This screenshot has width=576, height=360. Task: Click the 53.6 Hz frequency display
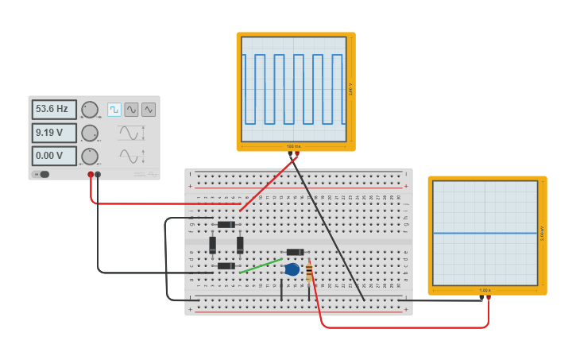tap(54, 110)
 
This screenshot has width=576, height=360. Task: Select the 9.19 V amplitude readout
tap(54, 133)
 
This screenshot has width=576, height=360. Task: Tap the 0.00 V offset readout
tap(54, 156)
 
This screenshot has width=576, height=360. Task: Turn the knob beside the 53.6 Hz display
tap(90, 110)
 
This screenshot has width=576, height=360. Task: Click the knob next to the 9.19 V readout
tap(90, 133)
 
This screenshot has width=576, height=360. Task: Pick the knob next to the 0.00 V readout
tap(90, 156)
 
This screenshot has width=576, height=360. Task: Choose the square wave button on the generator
tap(114, 110)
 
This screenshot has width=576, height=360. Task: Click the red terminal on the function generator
tap(91, 174)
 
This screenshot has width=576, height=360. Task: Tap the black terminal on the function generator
tap(98, 174)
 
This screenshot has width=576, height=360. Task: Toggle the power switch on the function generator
tap(42, 174)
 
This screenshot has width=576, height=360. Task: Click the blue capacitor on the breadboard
tap(292, 269)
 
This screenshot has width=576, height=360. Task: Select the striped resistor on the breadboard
tap(309, 273)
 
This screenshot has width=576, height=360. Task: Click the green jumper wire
tap(260, 265)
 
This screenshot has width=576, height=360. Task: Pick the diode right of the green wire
tap(295, 252)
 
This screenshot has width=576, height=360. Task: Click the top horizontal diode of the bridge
tap(226, 225)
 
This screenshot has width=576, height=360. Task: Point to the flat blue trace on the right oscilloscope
tap(485, 233)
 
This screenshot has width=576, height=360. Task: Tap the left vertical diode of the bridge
tap(212, 245)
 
